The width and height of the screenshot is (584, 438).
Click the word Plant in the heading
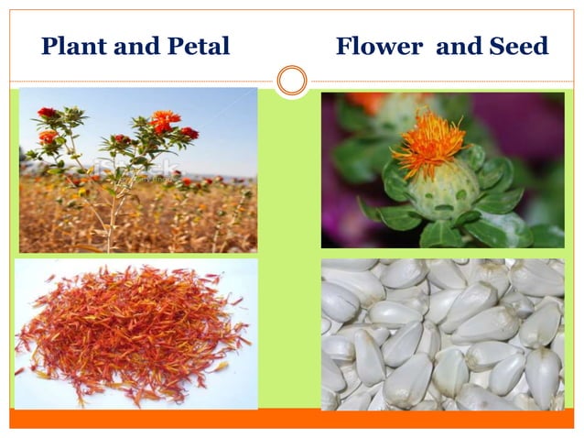pos(70,46)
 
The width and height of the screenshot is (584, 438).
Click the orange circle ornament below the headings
pos(292,81)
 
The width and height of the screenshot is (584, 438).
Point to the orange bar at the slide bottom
pos(292,419)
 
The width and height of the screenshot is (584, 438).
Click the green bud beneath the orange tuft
pos(445,188)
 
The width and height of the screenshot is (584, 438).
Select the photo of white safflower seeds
pos(442,334)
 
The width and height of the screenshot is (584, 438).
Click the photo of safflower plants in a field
pos(138,170)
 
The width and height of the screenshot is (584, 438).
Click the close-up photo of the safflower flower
pos(442,170)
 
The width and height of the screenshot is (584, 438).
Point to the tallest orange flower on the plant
pos(165,120)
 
